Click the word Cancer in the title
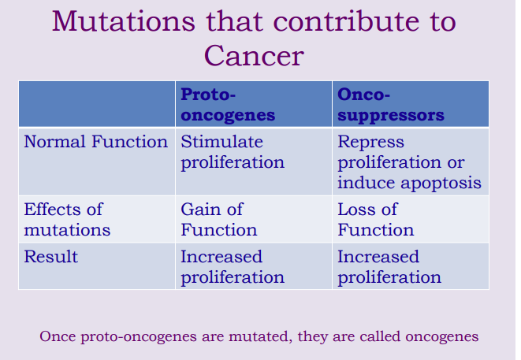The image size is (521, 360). [254, 56]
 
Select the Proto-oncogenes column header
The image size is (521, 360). [228, 105]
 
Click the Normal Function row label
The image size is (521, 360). [95, 143]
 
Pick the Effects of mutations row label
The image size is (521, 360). [67, 220]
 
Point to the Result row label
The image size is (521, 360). [50, 258]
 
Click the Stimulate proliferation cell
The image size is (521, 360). [233, 152]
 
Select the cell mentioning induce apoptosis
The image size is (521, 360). [409, 161]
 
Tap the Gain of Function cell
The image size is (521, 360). [218, 220]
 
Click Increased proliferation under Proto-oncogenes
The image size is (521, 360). [233, 267]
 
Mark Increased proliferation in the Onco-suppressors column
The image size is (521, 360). [389, 267]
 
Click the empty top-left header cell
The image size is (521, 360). [96, 104]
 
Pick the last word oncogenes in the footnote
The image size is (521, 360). [441, 336]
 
